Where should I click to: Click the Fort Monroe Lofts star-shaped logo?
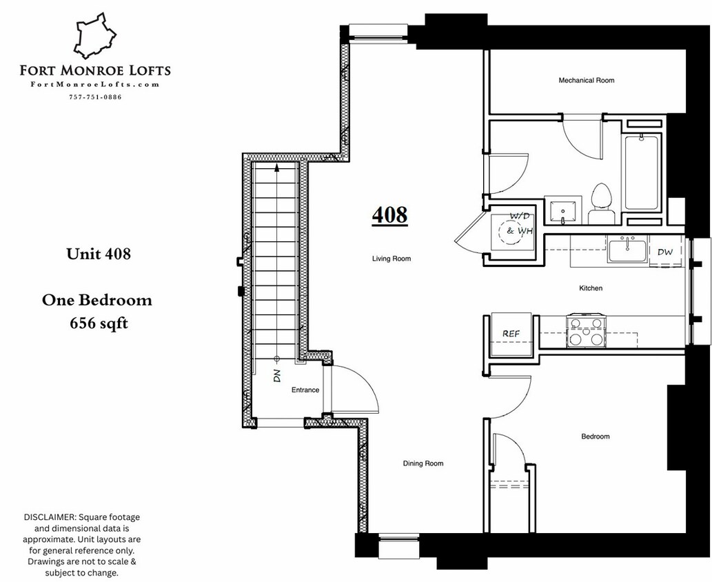click(x=94, y=37)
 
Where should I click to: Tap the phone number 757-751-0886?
click(x=95, y=97)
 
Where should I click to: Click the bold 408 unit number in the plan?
click(x=389, y=214)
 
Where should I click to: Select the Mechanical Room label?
click(x=586, y=81)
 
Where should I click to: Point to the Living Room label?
click(x=391, y=259)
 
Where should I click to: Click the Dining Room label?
click(x=423, y=463)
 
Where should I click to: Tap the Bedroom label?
click(x=595, y=436)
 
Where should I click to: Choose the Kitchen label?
click(x=591, y=288)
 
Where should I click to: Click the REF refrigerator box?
click(x=511, y=334)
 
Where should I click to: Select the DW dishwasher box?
click(x=664, y=252)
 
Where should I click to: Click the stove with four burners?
click(x=586, y=332)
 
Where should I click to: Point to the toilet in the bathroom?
click(x=602, y=204)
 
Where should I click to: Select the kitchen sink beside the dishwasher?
click(x=627, y=249)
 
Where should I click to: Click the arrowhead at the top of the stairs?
click(x=277, y=166)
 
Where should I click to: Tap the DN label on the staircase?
click(x=276, y=376)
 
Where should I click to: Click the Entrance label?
click(x=305, y=390)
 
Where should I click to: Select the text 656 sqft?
click(x=99, y=323)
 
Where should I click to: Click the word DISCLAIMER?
click(x=50, y=517)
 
